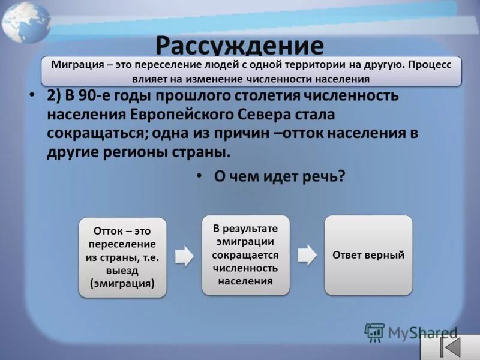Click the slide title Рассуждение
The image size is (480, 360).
[239, 46]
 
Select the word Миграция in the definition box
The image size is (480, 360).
[75, 65]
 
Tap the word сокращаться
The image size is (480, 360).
[94, 133]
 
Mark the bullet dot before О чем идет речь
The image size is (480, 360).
[200, 177]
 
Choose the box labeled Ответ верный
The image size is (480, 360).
[368, 255]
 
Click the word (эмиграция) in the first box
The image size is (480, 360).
[122, 284]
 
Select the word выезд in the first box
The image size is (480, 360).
[122, 271]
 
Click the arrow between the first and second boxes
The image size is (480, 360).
[184, 256]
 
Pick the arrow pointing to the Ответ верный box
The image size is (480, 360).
[307, 254]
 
